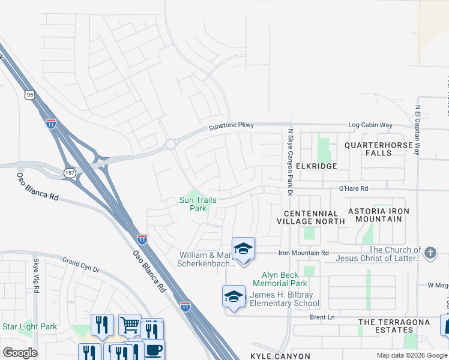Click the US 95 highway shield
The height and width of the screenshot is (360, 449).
pyautogui.click(x=29, y=94)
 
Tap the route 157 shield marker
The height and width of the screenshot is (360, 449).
pyautogui.click(x=70, y=172)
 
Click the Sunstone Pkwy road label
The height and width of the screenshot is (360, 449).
pyautogui.click(x=231, y=126)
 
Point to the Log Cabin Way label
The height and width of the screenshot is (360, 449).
pyautogui.click(x=370, y=125)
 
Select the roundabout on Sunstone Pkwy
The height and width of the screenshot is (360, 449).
pyautogui.click(x=170, y=144)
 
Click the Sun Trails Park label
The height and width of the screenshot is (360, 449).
pyautogui.click(x=198, y=204)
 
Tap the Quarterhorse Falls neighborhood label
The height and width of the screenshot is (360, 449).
pyautogui.click(x=378, y=149)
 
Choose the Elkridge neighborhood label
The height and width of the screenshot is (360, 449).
pyautogui.click(x=317, y=166)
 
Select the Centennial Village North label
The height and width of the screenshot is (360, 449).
pyautogui.click(x=311, y=217)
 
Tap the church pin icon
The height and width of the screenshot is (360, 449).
pyautogui.click(x=430, y=253)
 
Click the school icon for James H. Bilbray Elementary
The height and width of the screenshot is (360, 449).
pyautogui.click(x=234, y=296)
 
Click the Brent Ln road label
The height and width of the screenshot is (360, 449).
pyautogui.click(x=322, y=317)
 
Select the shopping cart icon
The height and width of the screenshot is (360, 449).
pyautogui.click(x=130, y=325)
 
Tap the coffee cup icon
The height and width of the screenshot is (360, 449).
pyautogui.click(x=153, y=350)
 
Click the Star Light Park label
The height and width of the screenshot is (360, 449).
pyautogui.click(x=29, y=327)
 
